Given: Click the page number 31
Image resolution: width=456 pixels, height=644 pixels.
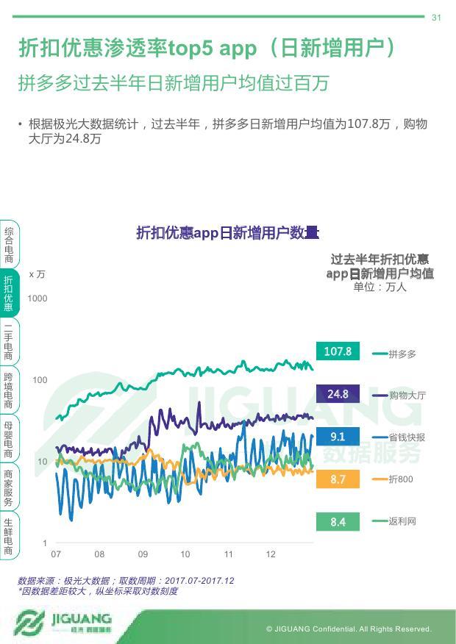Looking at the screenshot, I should tap(436, 18).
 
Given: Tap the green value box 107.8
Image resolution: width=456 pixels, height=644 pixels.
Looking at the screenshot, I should tap(338, 351).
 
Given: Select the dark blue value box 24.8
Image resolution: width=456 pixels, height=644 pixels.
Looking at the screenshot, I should tap(338, 394).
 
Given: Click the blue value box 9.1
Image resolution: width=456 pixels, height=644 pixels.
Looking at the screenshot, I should tap(338, 437).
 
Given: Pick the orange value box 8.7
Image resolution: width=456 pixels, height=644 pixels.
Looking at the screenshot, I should tap(338, 479).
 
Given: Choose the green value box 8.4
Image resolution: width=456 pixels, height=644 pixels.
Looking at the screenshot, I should tap(338, 522).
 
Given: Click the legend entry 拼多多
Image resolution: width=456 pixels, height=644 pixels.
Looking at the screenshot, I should tap(402, 354).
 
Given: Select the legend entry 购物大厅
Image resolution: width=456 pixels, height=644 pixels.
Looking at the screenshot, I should tap(407, 396).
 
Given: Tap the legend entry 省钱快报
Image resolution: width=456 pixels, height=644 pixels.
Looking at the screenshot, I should tap(407, 437).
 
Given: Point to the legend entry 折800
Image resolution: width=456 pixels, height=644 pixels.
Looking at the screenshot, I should tap(401, 479).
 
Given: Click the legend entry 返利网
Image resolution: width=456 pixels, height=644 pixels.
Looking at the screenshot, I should tap(402, 521).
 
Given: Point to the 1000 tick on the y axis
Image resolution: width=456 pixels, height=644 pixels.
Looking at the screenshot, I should tap(38, 298).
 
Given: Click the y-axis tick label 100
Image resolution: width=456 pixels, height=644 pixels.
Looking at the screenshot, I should tap(40, 380).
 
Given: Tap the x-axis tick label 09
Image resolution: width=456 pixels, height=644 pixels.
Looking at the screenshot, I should tap(143, 554).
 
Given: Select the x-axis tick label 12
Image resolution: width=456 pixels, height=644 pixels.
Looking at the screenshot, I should tap(271, 554).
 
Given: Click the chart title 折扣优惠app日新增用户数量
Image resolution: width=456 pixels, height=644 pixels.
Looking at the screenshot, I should tap(227, 233).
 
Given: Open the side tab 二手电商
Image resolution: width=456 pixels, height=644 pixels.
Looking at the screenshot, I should tap(9, 341).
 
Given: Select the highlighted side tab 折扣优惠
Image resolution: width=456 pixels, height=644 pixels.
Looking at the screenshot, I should tap(9, 293).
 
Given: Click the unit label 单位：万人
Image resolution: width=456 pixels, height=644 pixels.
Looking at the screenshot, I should tap(380, 287).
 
